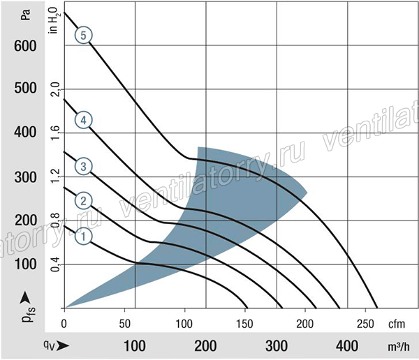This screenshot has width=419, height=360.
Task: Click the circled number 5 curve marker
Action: (x=83, y=36)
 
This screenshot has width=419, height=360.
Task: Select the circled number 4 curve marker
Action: (x=83, y=120)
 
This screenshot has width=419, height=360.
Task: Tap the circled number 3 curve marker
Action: (x=83, y=166)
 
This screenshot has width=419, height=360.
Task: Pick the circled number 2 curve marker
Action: (x=83, y=201)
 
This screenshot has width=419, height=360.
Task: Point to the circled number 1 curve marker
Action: (x=83, y=237)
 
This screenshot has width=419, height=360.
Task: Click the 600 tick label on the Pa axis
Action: (x=25, y=46)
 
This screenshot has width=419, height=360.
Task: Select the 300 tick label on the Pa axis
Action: (x=25, y=177)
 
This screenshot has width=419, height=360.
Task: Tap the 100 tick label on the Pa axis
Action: (x=25, y=264)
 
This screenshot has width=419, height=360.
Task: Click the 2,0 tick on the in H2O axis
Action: (x=55, y=89)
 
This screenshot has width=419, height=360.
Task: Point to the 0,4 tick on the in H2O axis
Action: (x=55, y=264)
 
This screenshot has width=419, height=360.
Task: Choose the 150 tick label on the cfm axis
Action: (x=244, y=324)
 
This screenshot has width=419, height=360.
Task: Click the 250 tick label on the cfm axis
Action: (x=365, y=324)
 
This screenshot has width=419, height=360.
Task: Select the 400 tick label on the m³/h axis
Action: (x=347, y=346)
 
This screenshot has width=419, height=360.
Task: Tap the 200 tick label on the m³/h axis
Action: (x=205, y=346)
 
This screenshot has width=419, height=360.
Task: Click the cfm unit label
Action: (x=397, y=324)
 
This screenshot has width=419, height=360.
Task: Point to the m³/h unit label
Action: (x=399, y=346)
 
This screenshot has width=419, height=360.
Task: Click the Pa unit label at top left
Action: (x=26, y=15)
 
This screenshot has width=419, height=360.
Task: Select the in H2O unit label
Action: (x=54, y=20)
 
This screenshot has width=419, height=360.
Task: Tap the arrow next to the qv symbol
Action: (x=63, y=346)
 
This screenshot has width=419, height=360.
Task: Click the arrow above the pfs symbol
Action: (x=25, y=298)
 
